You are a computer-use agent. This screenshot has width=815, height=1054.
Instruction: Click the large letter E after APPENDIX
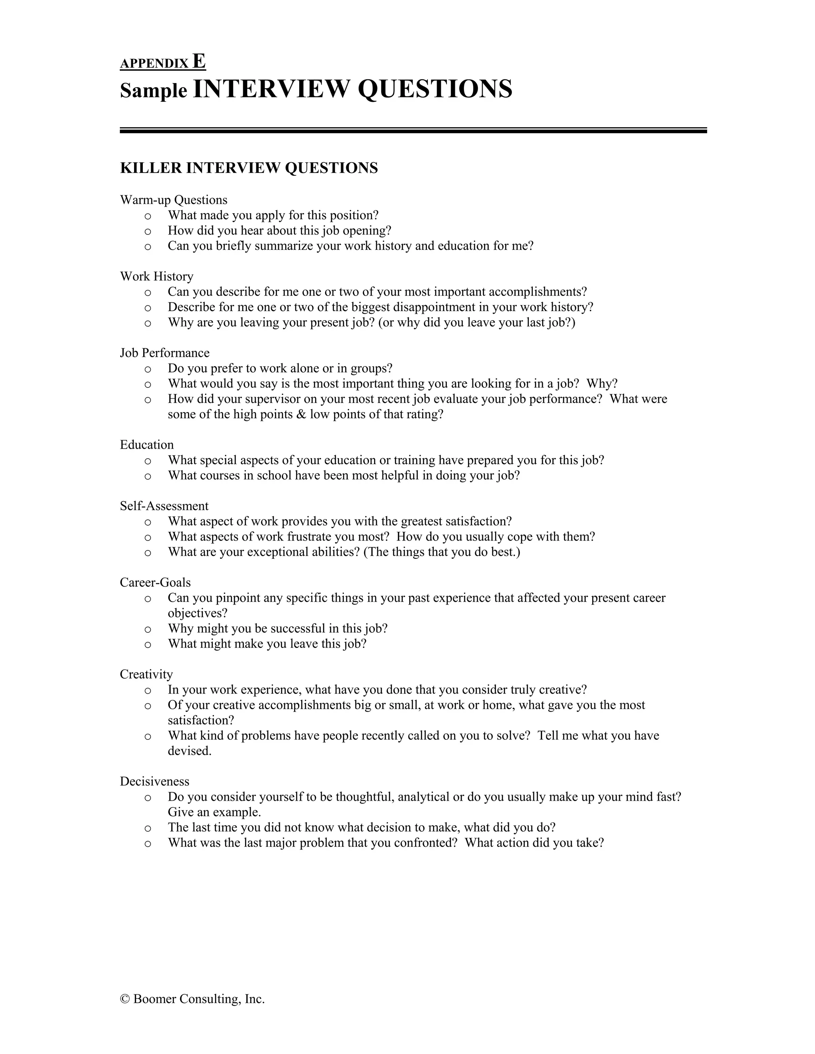[x=199, y=61]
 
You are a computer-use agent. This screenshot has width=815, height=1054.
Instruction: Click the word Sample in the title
[x=153, y=90]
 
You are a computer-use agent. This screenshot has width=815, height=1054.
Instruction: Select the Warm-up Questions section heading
[x=174, y=200]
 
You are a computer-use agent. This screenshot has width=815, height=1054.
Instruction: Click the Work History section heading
[x=156, y=276]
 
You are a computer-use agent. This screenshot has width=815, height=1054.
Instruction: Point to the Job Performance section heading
[x=165, y=353]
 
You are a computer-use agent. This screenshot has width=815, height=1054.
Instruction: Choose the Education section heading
[x=147, y=445]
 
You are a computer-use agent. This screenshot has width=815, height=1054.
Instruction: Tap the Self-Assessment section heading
[x=164, y=506]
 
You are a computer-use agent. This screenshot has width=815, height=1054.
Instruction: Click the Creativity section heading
[x=146, y=674]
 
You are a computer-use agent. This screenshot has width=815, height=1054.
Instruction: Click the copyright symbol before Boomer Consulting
[x=125, y=999]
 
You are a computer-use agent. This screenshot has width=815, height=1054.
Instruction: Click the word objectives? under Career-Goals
[x=197, y=613]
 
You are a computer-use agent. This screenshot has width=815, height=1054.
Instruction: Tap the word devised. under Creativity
[x=189, y=751]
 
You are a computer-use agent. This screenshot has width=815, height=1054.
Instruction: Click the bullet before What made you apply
[x=148, y=216]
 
